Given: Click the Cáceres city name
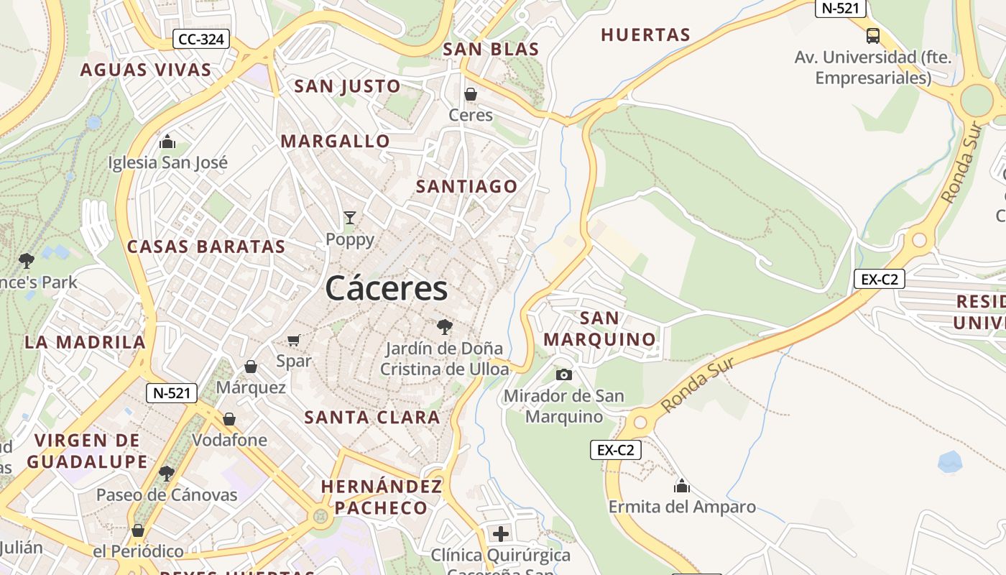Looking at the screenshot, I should click(x=387, y=289).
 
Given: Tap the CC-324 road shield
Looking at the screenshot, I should click(x=201, y=39).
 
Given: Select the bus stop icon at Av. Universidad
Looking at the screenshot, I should click(x=873, y=35).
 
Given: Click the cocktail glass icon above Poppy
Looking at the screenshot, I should click(x=350, y=218).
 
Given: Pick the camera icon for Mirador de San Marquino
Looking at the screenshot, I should click(x=564, y=374).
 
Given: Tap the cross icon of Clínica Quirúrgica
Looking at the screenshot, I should click(x=501, y=534).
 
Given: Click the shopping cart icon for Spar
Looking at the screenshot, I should click(x=293, y=340).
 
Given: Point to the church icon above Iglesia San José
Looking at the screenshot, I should click(x=167, y=141).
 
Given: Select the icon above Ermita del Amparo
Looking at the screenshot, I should click(x=682, y=487).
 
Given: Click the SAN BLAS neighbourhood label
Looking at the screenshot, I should click(x=491, y=49).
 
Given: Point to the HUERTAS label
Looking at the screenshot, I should click(x=645, y=34).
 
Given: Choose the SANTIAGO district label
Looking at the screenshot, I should click(x=467, y=186).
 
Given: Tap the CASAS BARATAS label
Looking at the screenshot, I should click(x=206, y=247).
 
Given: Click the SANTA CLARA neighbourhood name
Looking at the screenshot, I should click(x=372, y=417).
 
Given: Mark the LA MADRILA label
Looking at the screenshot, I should click(x=85, y=342).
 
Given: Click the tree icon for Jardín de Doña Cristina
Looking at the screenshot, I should click(x=445, y=327).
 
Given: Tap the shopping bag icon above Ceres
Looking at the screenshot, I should click(x=471, y=94).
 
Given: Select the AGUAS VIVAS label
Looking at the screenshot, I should click(x=146, y=70).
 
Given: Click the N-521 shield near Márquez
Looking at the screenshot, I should click(x=172, y=393).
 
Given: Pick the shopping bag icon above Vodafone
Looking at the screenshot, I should click(x=229, y=418).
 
